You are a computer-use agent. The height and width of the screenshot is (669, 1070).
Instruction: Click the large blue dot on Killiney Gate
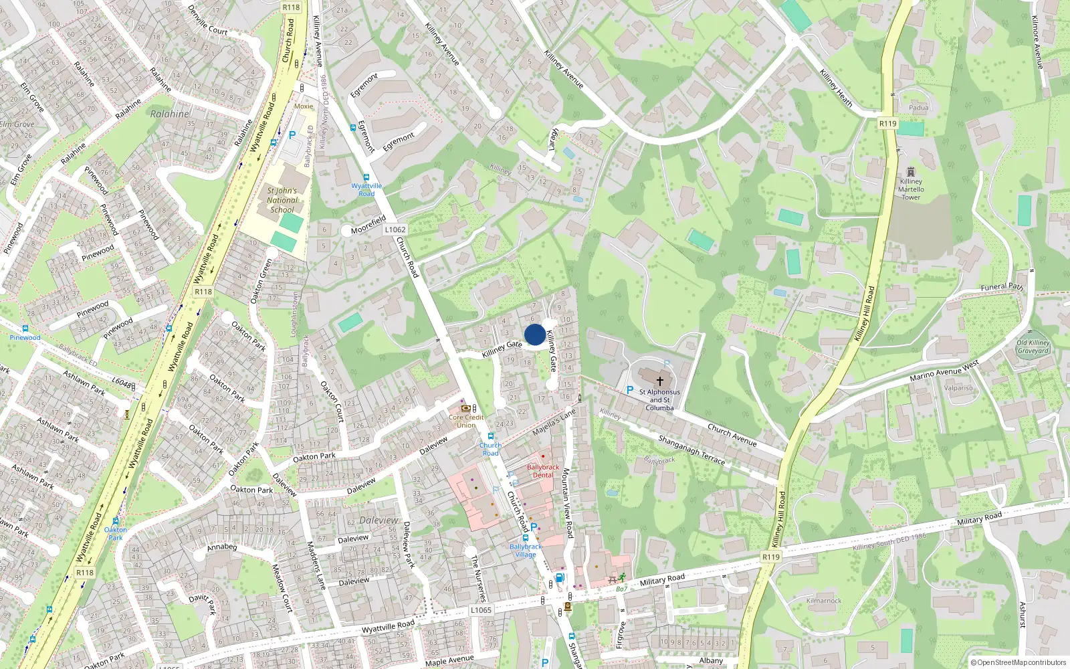click(534, 334)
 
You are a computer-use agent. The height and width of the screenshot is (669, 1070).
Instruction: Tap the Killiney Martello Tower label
click(911, 189)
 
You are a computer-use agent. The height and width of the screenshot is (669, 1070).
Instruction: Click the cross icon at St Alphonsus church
click(659, 381)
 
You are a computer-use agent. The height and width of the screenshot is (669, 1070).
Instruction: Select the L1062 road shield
click(395, 229)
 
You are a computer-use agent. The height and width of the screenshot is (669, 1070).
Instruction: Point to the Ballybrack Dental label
click(542, 471)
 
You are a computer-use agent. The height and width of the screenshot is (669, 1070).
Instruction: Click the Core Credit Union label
click(466, 421)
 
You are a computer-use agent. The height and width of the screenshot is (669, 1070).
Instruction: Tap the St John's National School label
click(282, 200)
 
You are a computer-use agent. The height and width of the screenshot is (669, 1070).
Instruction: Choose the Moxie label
click(304, 106)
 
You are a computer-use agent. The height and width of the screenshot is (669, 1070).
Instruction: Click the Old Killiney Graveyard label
click(1033, 347)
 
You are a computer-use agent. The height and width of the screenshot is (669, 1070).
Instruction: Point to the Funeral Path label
click(1001, 287)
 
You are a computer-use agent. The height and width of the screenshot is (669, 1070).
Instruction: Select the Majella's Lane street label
click(554, 423)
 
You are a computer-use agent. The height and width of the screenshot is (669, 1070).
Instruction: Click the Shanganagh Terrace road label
click(691, 450)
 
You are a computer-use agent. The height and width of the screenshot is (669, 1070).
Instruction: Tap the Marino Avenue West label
click(944, 371)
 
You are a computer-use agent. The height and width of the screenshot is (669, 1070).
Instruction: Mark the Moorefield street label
click(368, 225)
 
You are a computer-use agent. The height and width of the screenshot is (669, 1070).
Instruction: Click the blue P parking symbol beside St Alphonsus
click(629, 389)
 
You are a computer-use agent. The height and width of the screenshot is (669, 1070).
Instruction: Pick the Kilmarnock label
click(824, 601)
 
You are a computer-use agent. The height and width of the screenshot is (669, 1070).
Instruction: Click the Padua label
click(918, 108)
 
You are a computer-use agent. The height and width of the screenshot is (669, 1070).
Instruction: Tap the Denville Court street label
click(208, 20)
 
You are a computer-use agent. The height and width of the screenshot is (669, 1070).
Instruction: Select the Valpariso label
click(958, 388)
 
